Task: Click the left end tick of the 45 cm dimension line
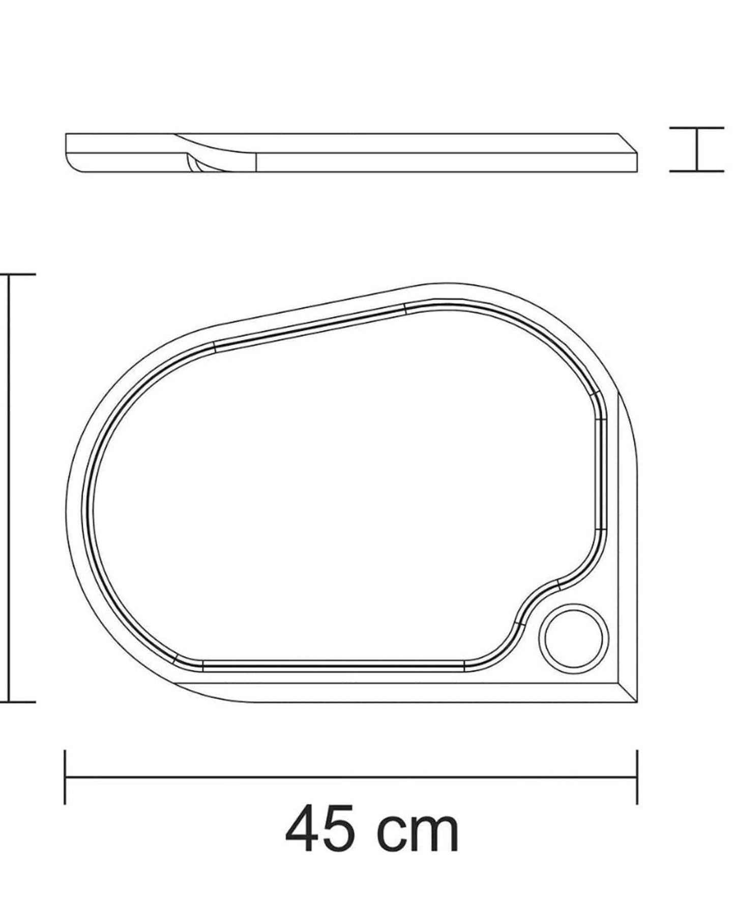point(65,777)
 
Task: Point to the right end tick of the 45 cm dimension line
point(637,777)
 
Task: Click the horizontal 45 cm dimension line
point(351,777)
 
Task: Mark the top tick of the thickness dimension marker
point(697,128)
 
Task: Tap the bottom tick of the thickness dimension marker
point(697,171)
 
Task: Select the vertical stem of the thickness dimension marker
point(697,150)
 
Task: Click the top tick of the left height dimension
point(18,274)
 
